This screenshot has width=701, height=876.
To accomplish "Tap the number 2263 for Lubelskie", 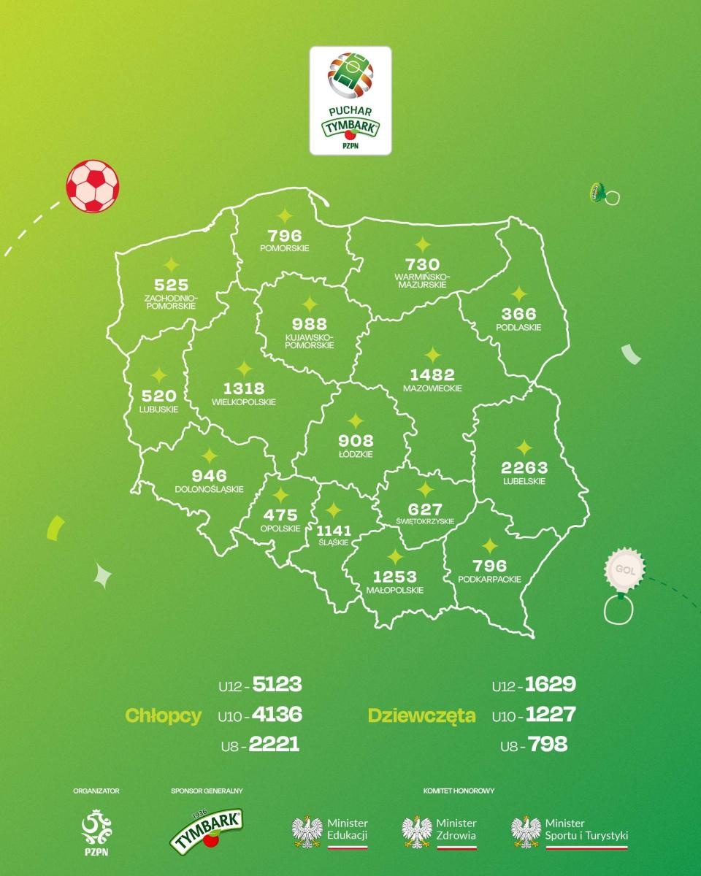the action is pos(524,467).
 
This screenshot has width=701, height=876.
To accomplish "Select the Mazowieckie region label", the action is pos(432,388).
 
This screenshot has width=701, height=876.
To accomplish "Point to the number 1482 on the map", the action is pos(432,374).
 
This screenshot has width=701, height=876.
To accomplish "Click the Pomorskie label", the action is pos(284,248).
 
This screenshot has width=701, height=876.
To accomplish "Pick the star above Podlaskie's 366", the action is pos(518,294).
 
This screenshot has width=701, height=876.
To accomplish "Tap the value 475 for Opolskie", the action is pos(280,515).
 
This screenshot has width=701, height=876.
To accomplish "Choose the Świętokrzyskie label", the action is pos(424,521).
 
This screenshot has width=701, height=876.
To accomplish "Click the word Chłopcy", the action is pos(164,715).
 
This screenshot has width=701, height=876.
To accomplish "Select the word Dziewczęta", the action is pos(422,715).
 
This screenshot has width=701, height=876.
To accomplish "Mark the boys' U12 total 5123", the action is pos(275,685).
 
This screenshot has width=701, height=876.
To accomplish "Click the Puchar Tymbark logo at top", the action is pos(350,100).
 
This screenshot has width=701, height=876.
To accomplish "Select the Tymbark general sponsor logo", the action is pos(207,829).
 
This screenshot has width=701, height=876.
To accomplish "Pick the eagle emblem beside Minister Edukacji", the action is pos(307,830).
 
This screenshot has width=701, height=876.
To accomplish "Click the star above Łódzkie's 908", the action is pos(356,421).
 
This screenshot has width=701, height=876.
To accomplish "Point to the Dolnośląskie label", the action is pos(209,489).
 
